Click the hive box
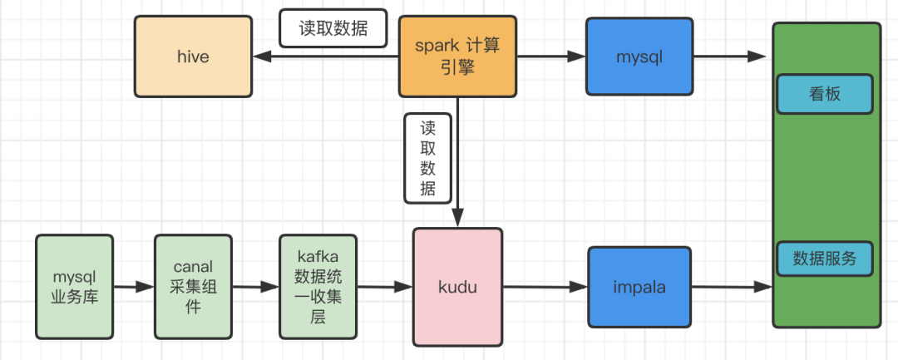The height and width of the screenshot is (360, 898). coord(193,57)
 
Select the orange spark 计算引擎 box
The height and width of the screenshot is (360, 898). coord(456,57)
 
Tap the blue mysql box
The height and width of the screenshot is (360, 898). coord(639,57)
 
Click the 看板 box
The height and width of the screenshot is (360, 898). coord(825,94)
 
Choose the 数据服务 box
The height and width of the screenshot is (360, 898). coord(825,259)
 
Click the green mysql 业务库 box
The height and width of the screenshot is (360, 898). coord(74,287)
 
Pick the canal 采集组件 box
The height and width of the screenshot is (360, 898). coord(193,287)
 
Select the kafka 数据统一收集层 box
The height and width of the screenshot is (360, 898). coord(318,287)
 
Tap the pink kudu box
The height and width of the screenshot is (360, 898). coord(457,287)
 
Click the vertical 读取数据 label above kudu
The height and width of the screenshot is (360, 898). coord(427,159)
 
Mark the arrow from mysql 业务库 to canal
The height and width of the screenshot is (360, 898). coord(133,288)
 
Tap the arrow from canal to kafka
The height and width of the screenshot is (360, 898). coord(255,288)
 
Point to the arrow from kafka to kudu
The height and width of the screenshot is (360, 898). coord(385,288)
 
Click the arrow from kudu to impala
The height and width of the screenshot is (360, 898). coord(545,288)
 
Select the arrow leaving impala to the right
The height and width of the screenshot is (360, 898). coord(732,288)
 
